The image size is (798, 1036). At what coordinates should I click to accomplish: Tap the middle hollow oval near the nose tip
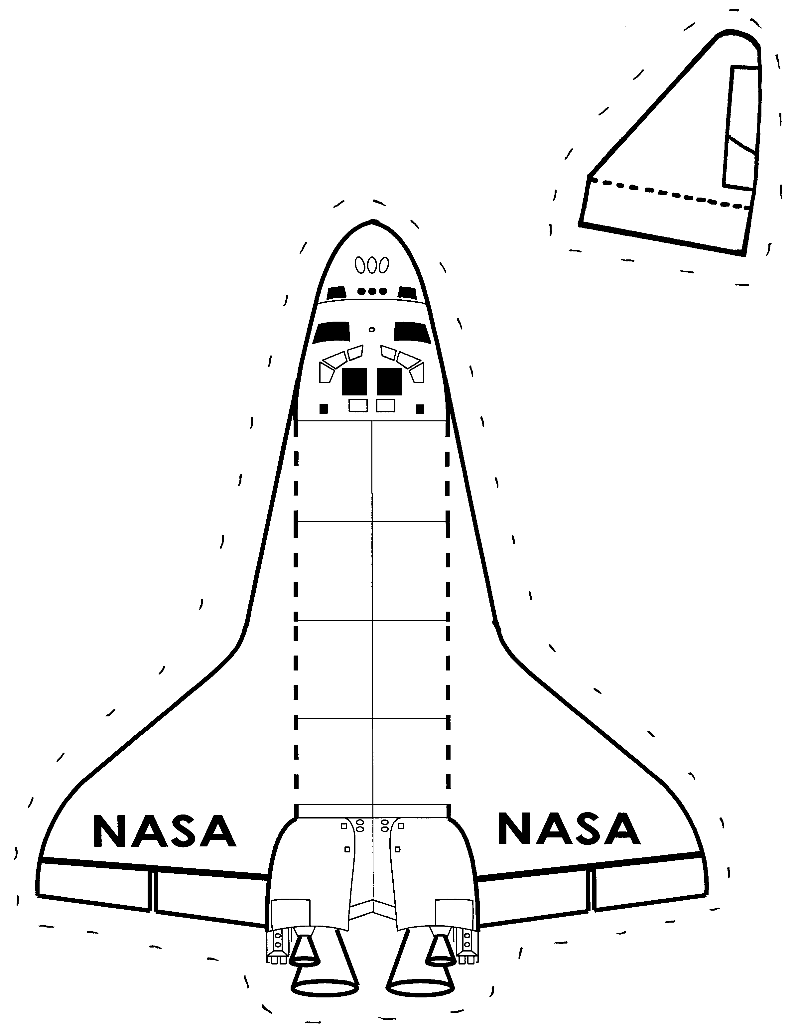(372, 265)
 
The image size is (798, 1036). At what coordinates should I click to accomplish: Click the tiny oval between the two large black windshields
(372, 329)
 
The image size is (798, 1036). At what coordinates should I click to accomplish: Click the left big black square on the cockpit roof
(354, 381)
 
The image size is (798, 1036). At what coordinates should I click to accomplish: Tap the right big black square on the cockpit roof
(389, 381)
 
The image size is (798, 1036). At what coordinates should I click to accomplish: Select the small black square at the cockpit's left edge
(324, 408)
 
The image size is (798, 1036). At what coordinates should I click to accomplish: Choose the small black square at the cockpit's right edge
(420, 408)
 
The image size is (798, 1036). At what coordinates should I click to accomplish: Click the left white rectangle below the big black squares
(358, 405)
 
